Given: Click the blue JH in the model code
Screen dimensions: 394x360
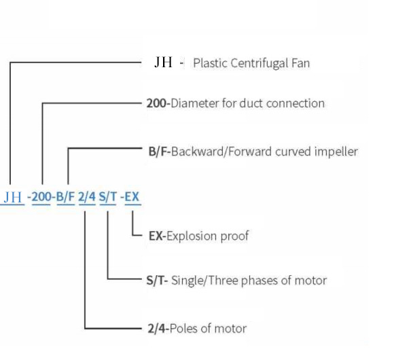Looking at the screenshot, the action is pyautogui.click(x=13, y=197).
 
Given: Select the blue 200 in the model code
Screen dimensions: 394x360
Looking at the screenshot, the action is pyautogui.click(x=41, y=196).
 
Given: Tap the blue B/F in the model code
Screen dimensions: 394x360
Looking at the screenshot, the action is pyautogui.click(x=66, y=196).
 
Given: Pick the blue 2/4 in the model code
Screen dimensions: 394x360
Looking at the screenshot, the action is pyautogui.click(x=87, y=196).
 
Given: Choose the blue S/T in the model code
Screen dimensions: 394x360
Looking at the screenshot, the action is pyautogui.click(x=108, y=196).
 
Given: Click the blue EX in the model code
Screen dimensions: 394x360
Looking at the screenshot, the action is pyautogui.click(x=132, y=196).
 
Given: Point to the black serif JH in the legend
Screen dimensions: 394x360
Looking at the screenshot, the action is pyautogui.click(x=164, y=62).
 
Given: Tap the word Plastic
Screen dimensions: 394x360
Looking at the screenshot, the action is pyautogui.click(x=211, y=63).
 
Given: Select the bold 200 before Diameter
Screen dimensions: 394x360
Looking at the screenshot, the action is pyautogui.click(x=156, y=103).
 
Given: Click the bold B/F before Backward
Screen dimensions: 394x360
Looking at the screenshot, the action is pyautogui.click(x=158, y=151).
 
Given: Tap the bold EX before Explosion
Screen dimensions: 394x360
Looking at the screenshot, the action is pyautogui.click(x=156, y=236).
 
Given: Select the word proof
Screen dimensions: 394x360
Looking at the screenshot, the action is pyautogui.click(x=234, y=236).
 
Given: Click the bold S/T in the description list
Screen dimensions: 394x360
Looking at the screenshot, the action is pyautogui.click(x=155, y=281).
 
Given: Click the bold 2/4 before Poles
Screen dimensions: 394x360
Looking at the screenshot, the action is pyautogui.click(x=156, y=328).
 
